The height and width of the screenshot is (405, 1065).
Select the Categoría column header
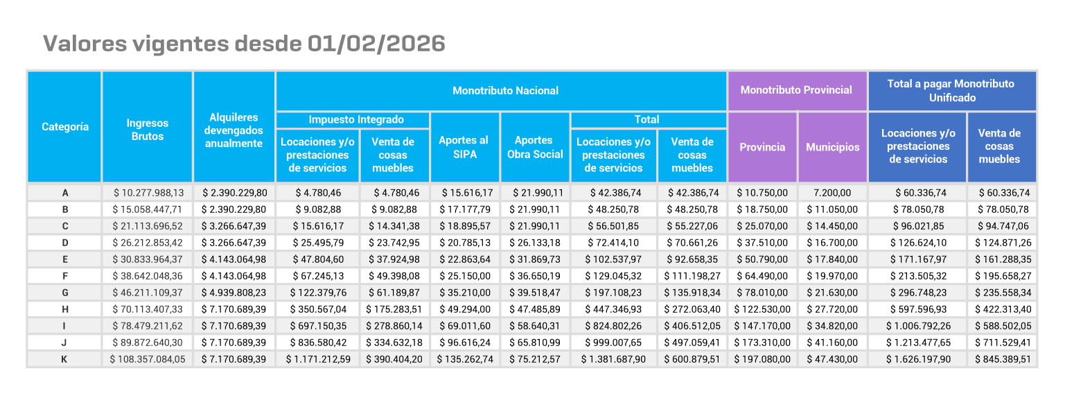click(65, 127)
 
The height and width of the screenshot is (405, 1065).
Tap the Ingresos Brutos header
click(147, 130)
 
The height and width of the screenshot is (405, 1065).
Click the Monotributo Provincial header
click(796, 90)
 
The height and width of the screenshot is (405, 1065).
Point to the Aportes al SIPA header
click(464, 147)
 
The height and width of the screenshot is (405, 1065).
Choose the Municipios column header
click(832, 147)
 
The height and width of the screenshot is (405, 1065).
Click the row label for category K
click(64, 359)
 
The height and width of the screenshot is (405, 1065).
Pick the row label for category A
click(64, 193)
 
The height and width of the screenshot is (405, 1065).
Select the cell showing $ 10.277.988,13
click(148, 193)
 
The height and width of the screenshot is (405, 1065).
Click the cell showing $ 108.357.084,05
click(148, 359)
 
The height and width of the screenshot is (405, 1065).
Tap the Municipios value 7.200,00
click(832, 193)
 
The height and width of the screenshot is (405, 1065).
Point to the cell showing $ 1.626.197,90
click(917, 359)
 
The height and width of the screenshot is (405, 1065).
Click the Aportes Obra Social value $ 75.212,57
click(535, 359)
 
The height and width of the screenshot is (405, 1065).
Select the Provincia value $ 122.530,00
click(762, 309)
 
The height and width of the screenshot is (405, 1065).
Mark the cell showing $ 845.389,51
click(1003, 359)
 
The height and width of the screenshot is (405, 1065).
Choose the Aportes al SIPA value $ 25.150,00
click(464, 276)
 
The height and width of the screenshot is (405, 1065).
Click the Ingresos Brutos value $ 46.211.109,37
click(148, 293)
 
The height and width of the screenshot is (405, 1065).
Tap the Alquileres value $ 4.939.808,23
click(234, 293)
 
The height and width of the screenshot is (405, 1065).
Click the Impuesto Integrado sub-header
click(353, 120)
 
